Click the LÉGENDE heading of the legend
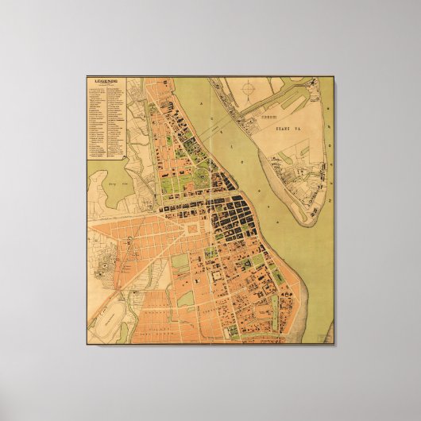coord(105,82)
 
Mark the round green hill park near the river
coord(204,164)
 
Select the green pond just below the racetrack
coord(122,333)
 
